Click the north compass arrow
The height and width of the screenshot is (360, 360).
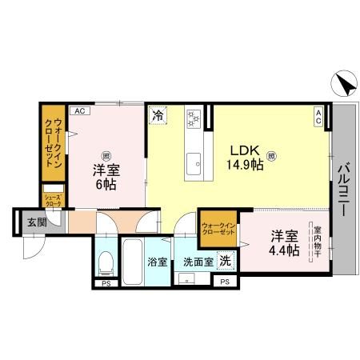tap(342, 84)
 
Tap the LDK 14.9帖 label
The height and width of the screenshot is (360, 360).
tap(246, 158)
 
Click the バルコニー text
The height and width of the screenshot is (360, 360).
tap(344, 193)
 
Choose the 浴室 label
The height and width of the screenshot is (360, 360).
tap(155, 262)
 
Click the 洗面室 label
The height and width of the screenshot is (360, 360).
tap(197, 262)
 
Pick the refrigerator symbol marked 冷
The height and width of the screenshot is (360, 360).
tap(158, 114)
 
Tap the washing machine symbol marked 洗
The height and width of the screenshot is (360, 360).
tap(226, 260)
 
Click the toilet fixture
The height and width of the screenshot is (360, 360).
tap(105, 262)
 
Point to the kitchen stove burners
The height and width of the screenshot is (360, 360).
tap(192, 118)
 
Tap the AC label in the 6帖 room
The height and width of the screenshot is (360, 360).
tap(79, 111)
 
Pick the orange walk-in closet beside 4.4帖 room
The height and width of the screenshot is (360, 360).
tap(218, 227)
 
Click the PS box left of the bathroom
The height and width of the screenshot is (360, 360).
tap(105, 283)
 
